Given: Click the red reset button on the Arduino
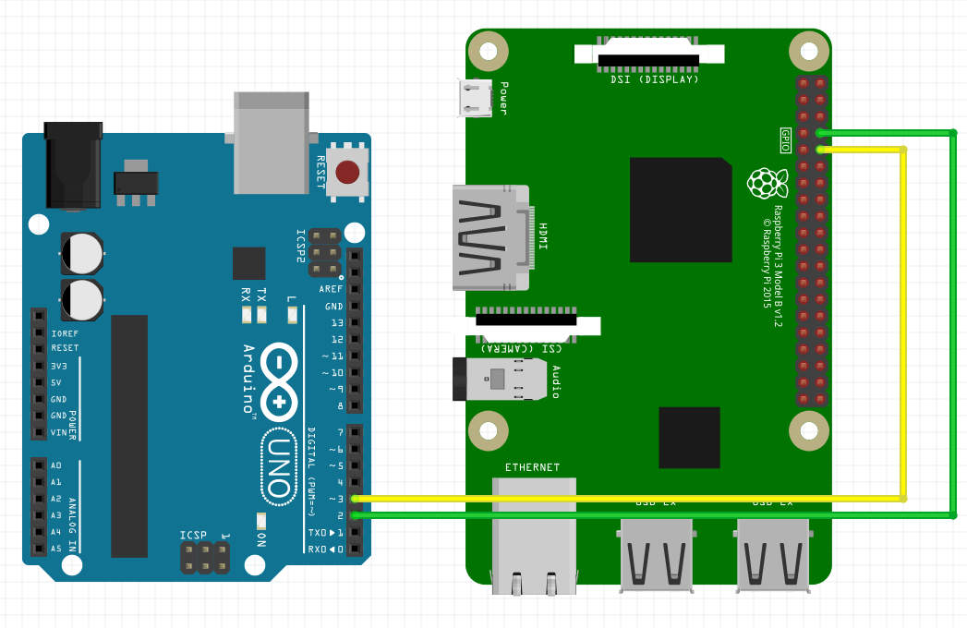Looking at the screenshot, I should pos(347,172).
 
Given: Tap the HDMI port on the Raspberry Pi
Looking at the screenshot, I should pos(490,238).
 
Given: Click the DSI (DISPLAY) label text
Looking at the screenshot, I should pos(654,79).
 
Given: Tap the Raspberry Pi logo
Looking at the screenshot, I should pos(768,183).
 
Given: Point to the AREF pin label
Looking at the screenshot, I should pos(331,289).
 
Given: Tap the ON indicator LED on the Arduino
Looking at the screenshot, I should pos(261,519).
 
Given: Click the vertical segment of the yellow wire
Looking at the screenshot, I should pos(903,323).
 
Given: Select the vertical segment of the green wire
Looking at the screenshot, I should pos(953,323).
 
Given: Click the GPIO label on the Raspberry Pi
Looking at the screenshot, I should pos(786,139).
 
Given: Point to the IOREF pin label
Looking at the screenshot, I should pos(65,332).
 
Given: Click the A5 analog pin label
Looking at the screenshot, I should pos(56,549).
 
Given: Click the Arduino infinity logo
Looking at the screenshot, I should pos(278,381).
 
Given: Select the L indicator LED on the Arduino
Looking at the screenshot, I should pos(293,315).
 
